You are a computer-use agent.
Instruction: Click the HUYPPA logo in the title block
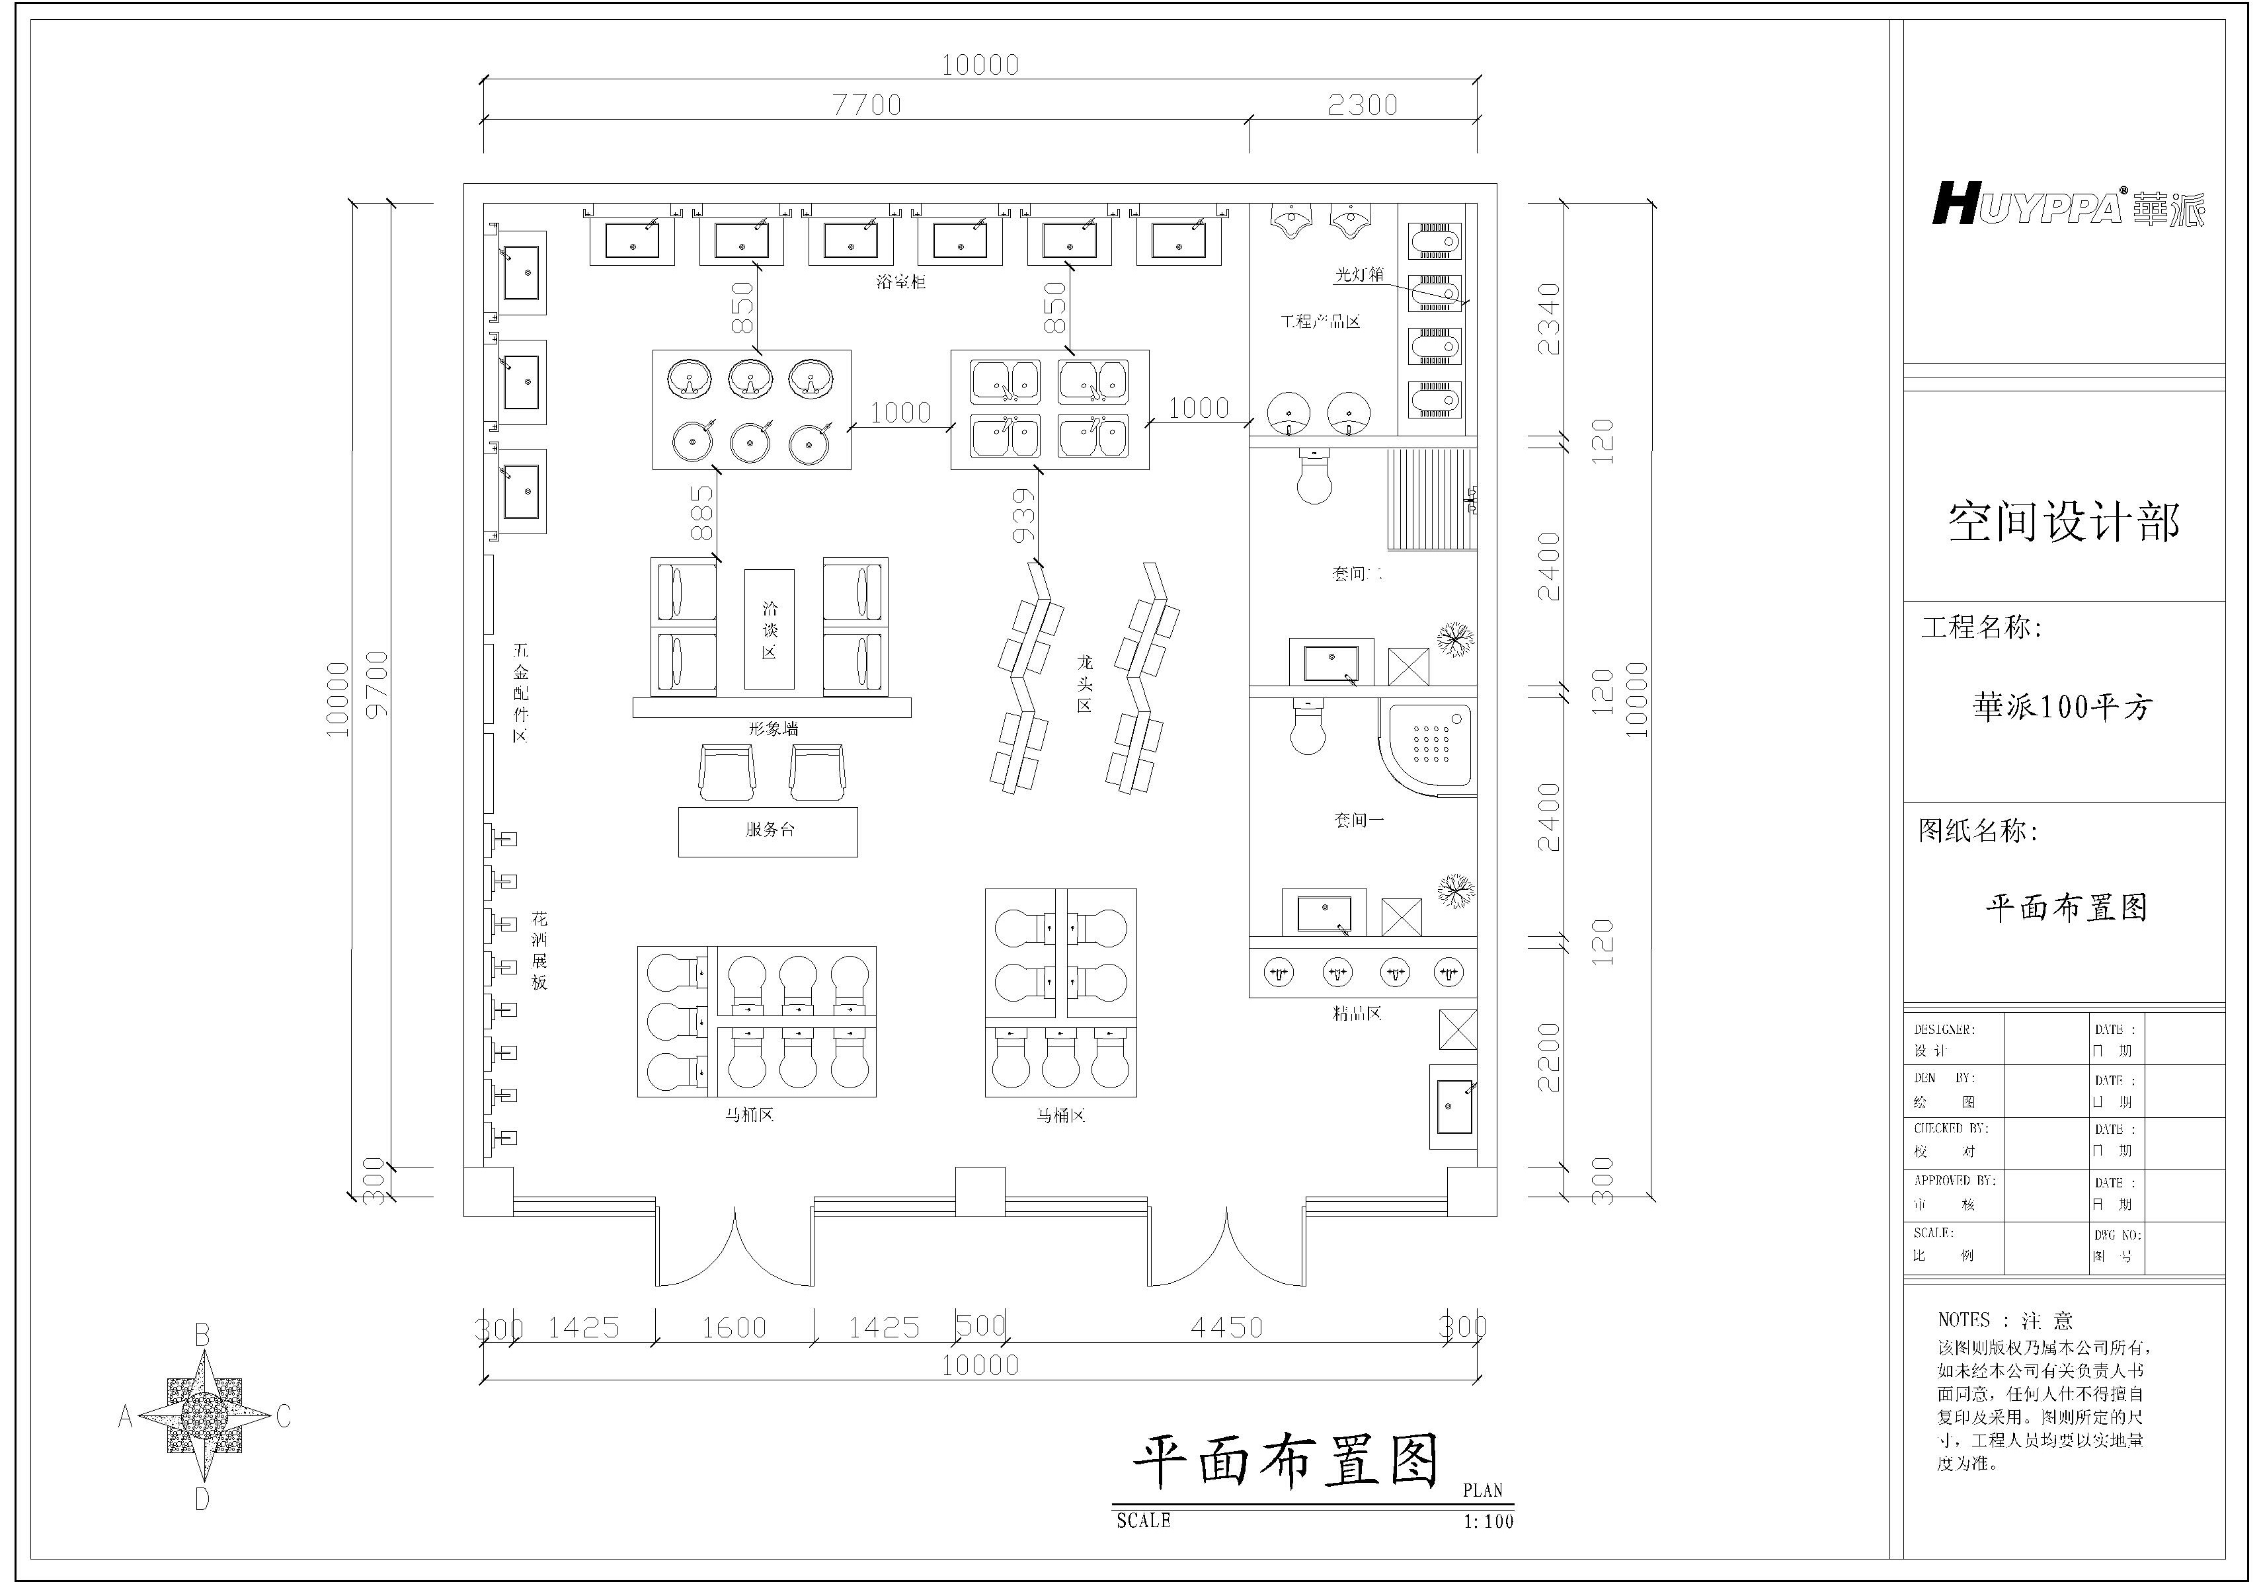pyautogui.click(x=2067, y=205)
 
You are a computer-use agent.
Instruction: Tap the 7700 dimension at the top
pyautogui.click(x=867, y=104)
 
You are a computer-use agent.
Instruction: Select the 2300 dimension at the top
pyautogui.click(x=1362, y=104)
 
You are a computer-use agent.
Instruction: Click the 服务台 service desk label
pyautogui.click(x=769, y=830)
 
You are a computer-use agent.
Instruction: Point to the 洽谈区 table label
pyautogui.click(x=769, y=630)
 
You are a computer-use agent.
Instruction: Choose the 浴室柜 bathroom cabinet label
pyautogui.click(x=900, y=282)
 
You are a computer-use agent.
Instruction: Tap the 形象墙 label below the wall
pyautogui.click(x=773, y=729)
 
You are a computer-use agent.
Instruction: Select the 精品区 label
pyautogui.click(x=1357, y=1013)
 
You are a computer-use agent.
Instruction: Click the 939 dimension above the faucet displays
pyautogui.click(x=1024, y=516)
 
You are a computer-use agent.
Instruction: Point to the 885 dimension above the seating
pyautogui.click(x=701, y=513)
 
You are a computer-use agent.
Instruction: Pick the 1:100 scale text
pyautogui.click(x=1488, y=1522)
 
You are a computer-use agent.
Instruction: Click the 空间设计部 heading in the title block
pyautogui.click(x=2063, y=522)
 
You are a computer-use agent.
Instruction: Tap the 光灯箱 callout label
pyautogui.click(x=1359, y=274)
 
